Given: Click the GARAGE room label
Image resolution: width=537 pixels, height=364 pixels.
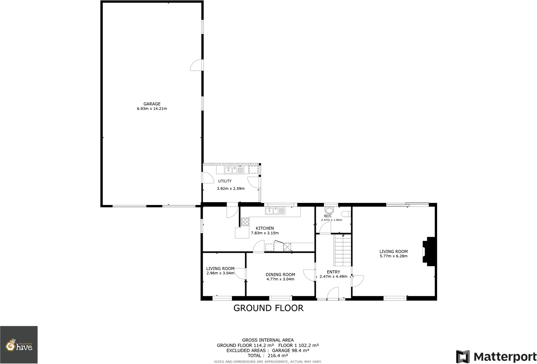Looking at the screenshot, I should (x=152, y=104).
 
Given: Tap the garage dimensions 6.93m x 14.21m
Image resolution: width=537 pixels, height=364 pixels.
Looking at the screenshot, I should (x=152, y=109).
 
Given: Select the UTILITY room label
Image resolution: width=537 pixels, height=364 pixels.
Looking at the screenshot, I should (x=225, y=181).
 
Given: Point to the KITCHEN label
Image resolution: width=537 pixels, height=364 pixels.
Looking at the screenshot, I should (x=265, y=228).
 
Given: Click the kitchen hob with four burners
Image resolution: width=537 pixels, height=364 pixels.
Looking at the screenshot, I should (x=245, y=222).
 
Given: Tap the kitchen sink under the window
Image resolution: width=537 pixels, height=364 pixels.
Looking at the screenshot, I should (x=275, y=211).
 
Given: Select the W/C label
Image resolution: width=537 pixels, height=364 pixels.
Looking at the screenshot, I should (x=328, y=216).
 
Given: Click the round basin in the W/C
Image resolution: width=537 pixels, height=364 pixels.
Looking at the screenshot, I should (x=330, y=210).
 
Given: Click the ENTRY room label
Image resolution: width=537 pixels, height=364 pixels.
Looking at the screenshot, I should (x=333, y=272).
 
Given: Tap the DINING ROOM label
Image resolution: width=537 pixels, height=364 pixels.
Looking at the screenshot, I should (x=280, y=274).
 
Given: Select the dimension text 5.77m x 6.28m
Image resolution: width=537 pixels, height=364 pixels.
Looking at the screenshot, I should (x=393, y=256).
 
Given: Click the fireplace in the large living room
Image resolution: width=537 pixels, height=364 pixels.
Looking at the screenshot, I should (x=429, y=252).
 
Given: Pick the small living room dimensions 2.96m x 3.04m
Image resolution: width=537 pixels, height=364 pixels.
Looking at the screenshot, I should (x=220, y=273).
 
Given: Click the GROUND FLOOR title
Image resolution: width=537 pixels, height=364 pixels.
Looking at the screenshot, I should (x=268, y=308).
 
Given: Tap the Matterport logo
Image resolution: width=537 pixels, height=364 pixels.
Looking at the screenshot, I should (x=496, y=357).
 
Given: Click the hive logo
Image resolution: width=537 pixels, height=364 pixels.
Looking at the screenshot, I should (x=19, y=345).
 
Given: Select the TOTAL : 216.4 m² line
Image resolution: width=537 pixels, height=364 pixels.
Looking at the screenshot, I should (x=267, y=355).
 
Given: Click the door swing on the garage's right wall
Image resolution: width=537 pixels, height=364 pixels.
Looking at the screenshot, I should (x=197, y=65).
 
